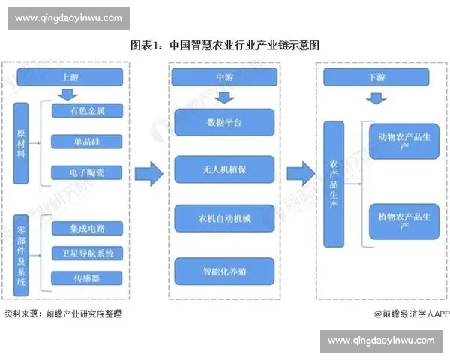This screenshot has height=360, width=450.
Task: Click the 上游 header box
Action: click(x=69, y=76)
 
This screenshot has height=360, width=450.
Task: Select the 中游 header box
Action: click(x=220, y=76)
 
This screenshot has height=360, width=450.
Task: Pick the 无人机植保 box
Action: click(x=220, y=169)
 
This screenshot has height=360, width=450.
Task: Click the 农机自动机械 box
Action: click(x=220, y=218)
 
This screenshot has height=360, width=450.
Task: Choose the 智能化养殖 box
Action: click(x=220, y=268)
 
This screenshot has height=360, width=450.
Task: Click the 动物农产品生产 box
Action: click(x=398, y=141)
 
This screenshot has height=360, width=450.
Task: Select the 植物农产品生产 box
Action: click(x=398, y=222)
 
